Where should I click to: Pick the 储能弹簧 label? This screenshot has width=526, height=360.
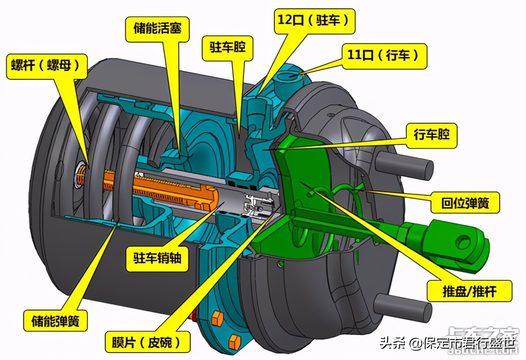[56, 321]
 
